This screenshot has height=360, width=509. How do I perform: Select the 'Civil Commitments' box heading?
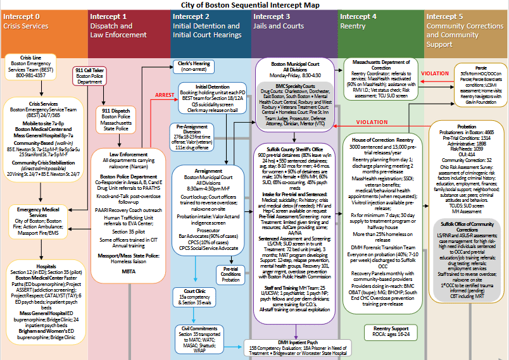click(x=196, y=328)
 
